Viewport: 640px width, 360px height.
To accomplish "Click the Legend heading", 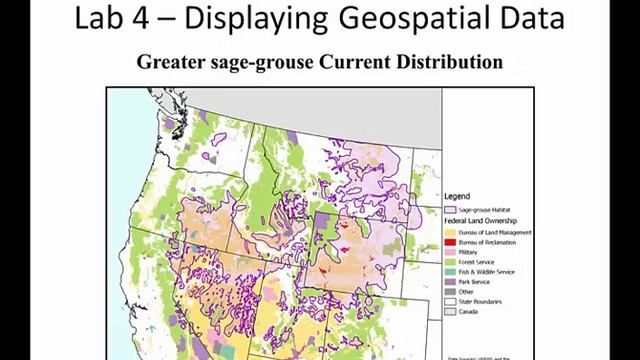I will click(x=457, y=197).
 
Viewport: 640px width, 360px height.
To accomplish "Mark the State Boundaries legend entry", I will click(x=481, y=301).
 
